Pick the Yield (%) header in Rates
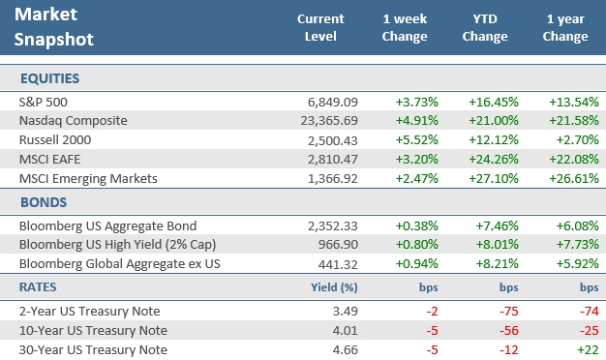[334, 286]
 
